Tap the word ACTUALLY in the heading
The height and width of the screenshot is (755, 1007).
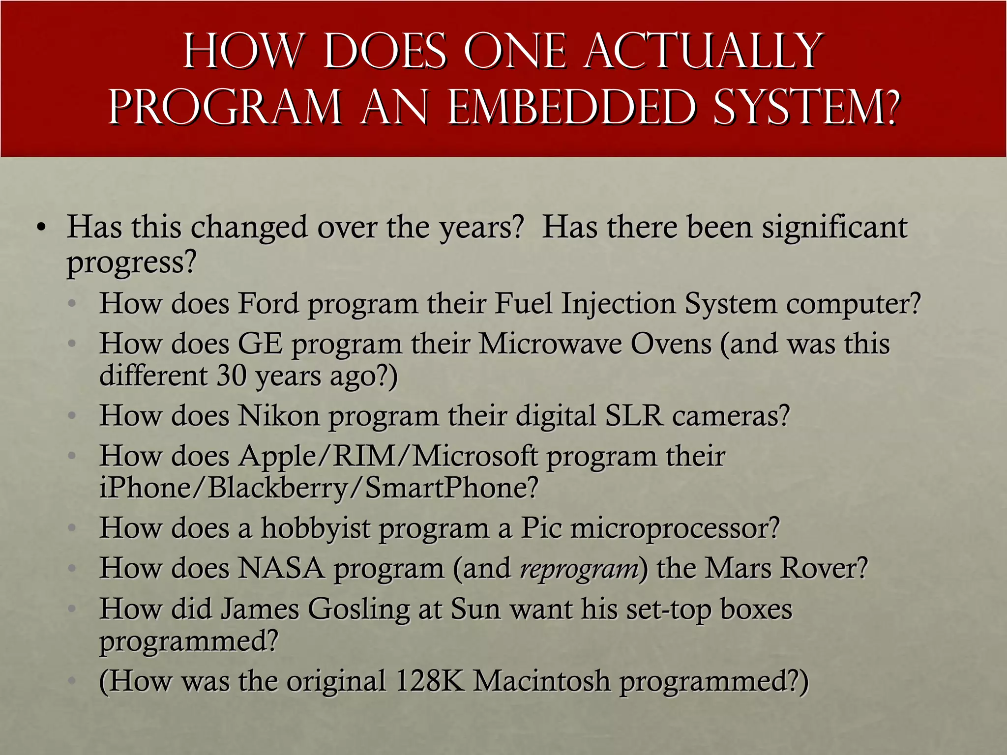point(703,51)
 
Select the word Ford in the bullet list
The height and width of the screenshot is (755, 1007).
point(268,303)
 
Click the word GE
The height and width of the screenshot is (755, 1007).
point(260,344)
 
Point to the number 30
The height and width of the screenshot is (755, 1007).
point(231,376)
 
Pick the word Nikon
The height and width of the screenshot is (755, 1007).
point(279,416)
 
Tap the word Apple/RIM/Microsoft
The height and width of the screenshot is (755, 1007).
point(388,456)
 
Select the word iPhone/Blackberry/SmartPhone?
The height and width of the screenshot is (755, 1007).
point(319,488)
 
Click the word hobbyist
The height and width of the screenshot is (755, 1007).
point(315,528)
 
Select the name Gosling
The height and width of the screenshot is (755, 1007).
point(358,610)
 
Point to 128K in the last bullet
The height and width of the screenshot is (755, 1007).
point(430,681)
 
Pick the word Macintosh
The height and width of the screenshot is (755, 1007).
point(541,681)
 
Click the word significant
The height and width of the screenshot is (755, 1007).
point(834,228)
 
